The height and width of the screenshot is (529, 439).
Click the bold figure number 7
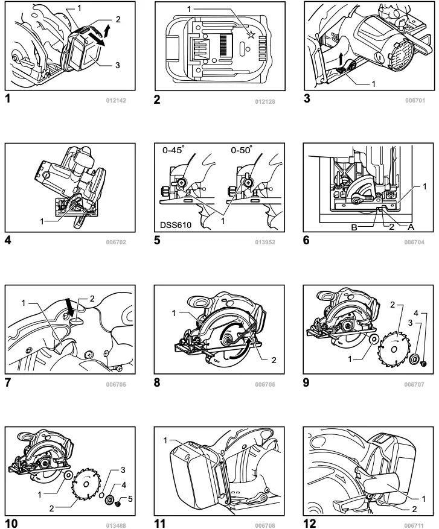click(x=9, y=381)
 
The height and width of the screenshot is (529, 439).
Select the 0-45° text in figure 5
click(x=175, y=151)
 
